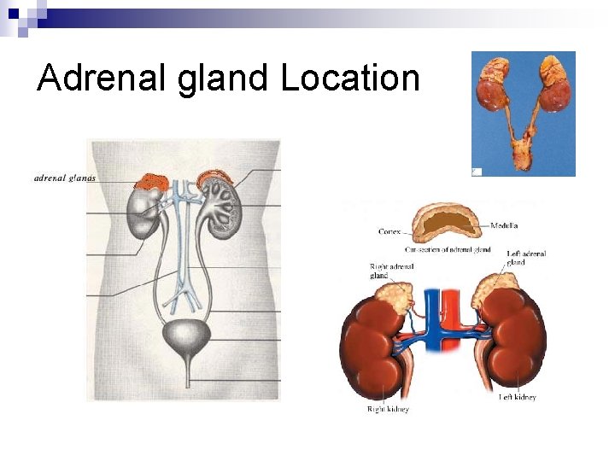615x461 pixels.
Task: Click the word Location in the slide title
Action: point(350,78)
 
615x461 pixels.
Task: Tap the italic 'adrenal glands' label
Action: point(65,178)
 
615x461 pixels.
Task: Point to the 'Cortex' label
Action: point(389,231)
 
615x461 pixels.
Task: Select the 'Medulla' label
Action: point(504,226)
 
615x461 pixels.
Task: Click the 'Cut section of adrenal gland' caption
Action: point(448,249)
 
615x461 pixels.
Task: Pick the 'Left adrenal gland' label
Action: point(526,258)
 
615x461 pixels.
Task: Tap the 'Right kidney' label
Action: point(388,410)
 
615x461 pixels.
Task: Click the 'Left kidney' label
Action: point(518,397)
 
